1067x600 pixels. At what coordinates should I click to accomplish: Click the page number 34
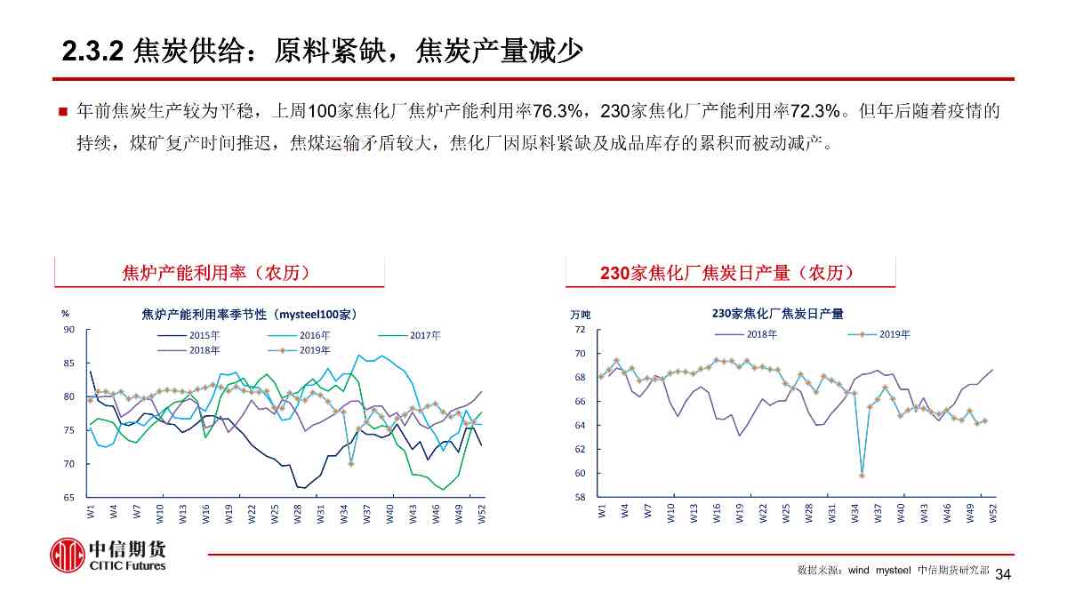(1004, 574)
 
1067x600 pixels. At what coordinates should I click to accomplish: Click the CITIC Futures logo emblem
(67, 555)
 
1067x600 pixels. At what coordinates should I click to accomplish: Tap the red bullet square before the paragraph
(63, 112)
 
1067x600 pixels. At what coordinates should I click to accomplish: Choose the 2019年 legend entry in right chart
(895, 334)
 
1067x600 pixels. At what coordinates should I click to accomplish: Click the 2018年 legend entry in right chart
(762, 334)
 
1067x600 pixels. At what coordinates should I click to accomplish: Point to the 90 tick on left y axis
(68, 330)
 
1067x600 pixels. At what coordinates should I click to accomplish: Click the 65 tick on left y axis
(68, 498)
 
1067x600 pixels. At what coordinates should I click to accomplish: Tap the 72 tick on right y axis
(580, 330)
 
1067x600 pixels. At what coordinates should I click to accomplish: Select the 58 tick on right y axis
(580, 498)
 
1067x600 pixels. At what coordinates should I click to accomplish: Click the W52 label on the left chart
(482, 513)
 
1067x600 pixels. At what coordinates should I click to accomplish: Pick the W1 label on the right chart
(602, 511)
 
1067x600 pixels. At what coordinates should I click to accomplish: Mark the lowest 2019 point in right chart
(862, 476)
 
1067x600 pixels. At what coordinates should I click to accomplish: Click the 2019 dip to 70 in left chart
(351, 463)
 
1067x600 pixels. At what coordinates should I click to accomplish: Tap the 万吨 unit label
(580, 315)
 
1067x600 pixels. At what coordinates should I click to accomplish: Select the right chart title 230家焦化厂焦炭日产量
(777, 313)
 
